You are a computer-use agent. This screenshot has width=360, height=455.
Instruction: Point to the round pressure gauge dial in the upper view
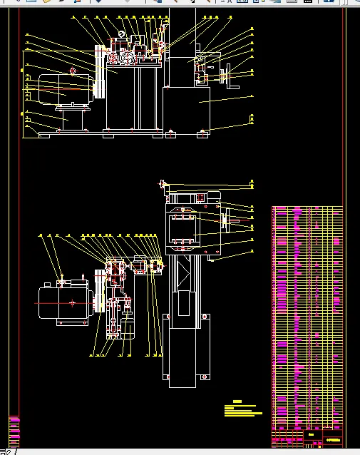(122, 34)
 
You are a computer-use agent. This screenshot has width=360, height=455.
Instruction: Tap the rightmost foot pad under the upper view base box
(204, 132)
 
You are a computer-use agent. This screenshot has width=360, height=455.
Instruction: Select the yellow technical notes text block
(242, 409)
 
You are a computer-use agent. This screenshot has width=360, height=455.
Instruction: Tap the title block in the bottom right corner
(324, 437)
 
